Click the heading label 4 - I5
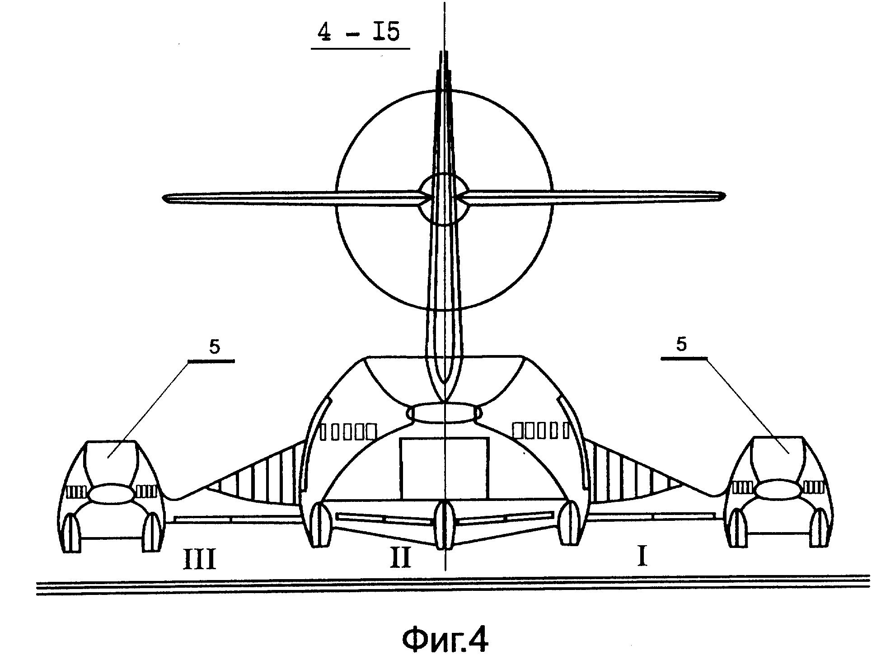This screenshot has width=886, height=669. [x=359, y=33]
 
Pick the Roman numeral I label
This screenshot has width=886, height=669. [x=642, y=556]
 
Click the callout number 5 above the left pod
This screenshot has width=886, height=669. [x=215, y=346]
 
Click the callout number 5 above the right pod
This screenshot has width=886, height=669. [x=681, y=344]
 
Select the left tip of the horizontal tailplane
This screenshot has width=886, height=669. [x=163, y=198]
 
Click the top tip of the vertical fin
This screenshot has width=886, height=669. [x=445, y=51]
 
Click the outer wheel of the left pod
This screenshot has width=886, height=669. [x=71, y=533]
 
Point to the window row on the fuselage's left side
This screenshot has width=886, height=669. [x=348, y=431]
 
